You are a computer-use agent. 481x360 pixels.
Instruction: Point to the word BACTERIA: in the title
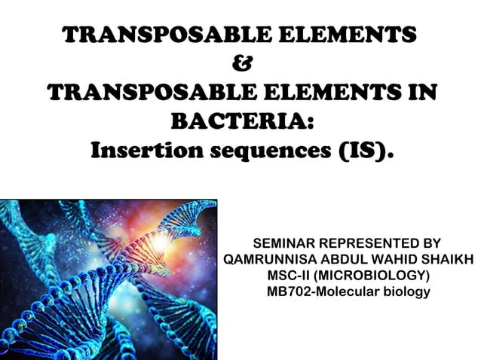pos(242,122)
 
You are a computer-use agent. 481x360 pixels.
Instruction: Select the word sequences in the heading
pos(265,151)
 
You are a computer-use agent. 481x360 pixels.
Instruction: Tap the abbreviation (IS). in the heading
pos(361,151)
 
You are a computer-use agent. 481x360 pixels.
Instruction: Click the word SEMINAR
pos(284,244)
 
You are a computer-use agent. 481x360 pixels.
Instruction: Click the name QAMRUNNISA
pos(276,260)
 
